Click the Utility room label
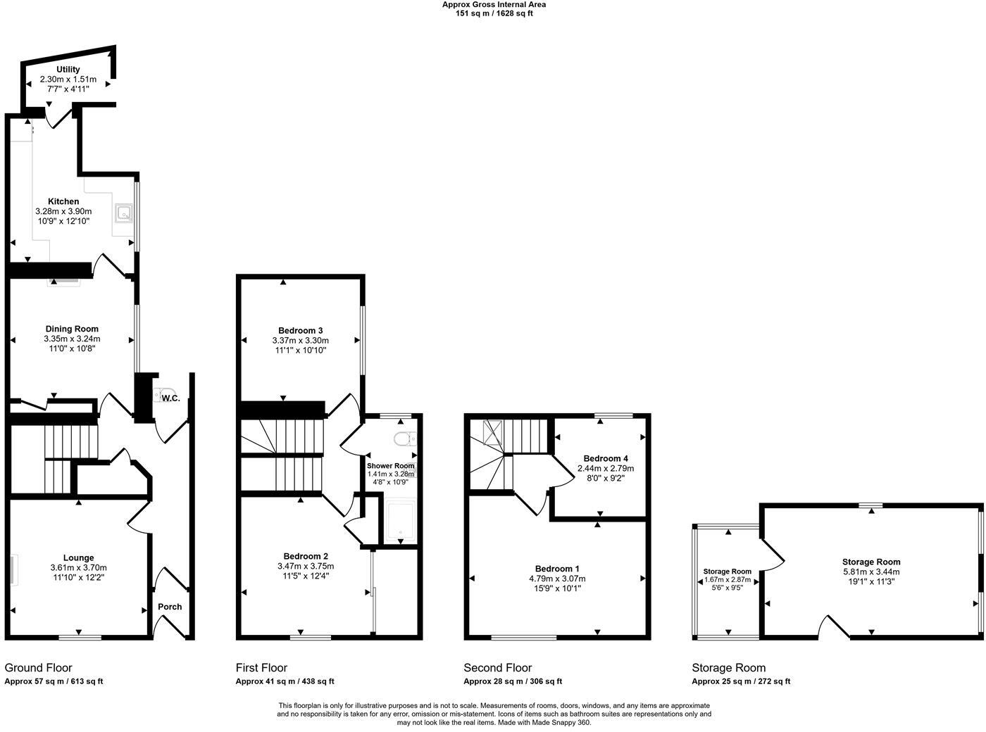coord(68,69)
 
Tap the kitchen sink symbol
coord(124,212)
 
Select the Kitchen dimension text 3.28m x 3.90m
coord(63,211)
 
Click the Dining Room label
coord(72,329)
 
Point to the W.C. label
coord(170,398)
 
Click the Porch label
coord(170,607)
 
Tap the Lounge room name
coord(77,557)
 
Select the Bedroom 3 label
coord(300,330)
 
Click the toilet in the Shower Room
coord(403,439)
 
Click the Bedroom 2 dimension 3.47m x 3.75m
coord(305,566)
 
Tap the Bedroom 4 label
coord(605,458)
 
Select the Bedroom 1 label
coord(557,569)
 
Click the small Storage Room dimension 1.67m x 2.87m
coord(728,581)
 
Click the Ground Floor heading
coord(38,667)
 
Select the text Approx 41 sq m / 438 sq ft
coord(285,681)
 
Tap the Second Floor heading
coord(497,667)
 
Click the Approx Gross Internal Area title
coord(494,4)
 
